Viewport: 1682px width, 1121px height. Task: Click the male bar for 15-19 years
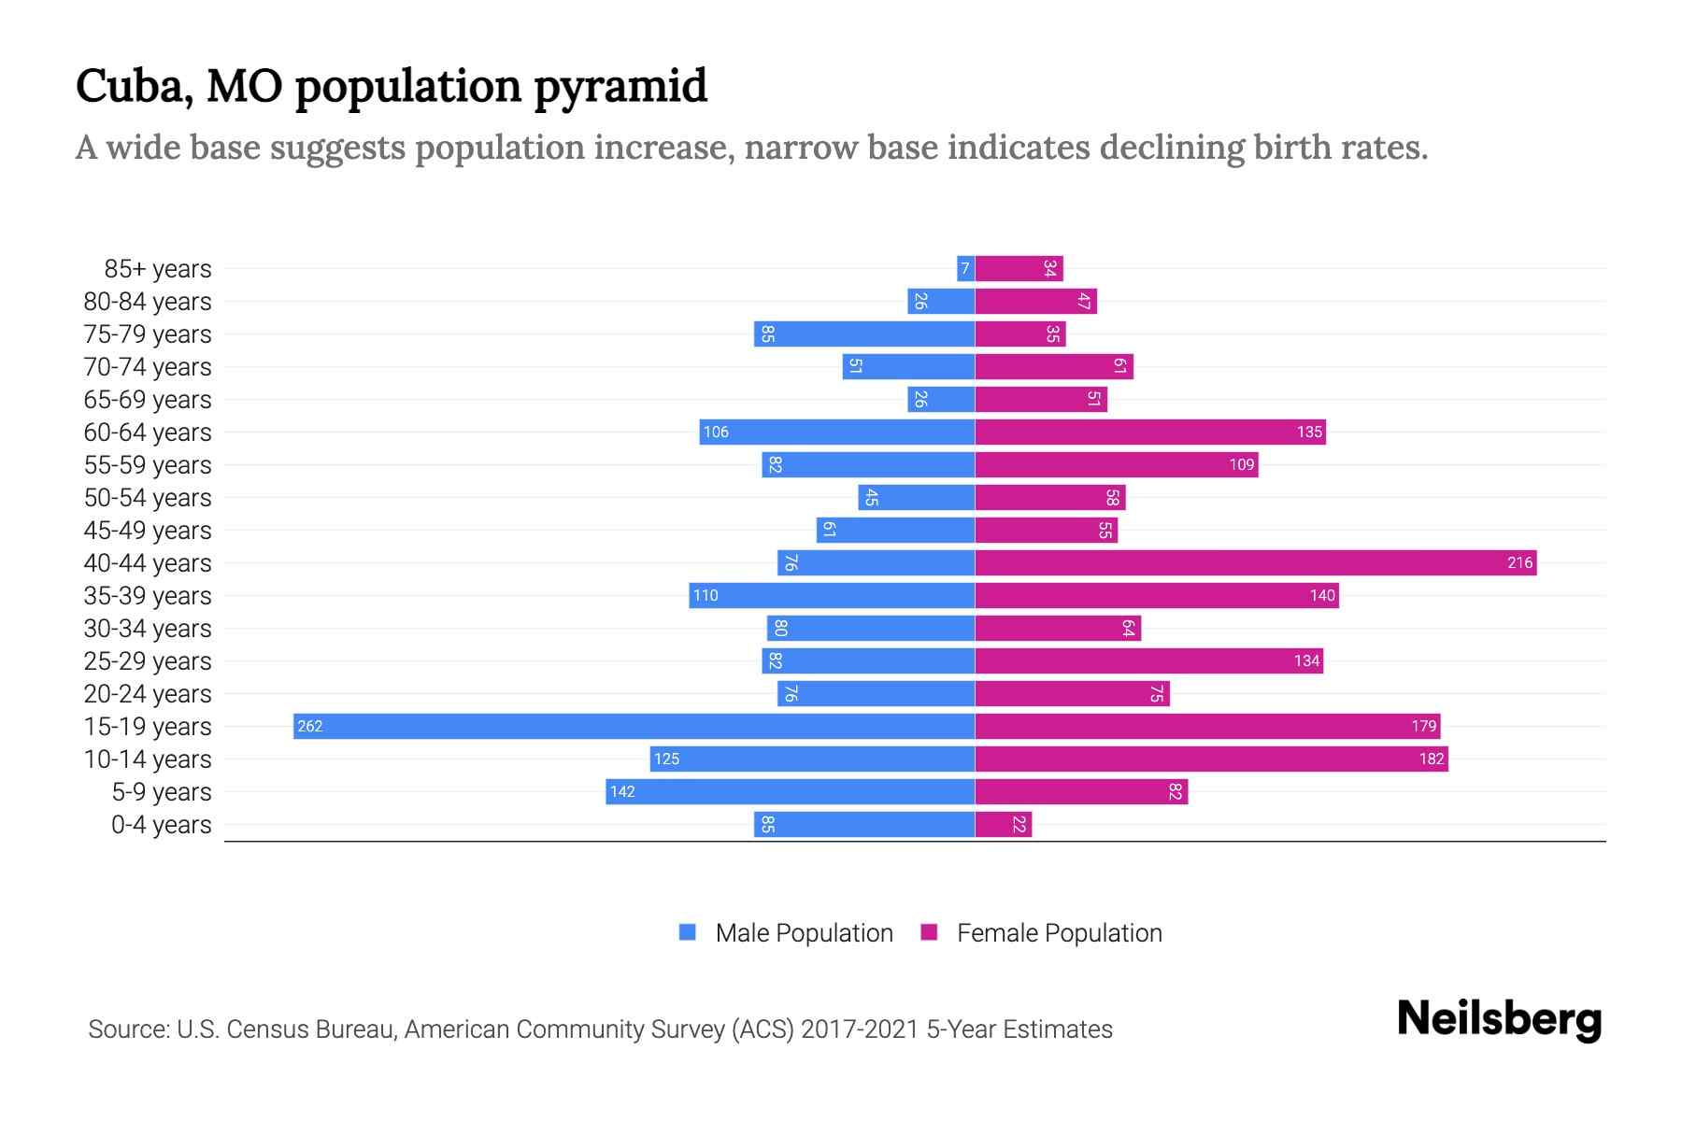[x=634, y=726]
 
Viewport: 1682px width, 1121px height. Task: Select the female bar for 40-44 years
[x=1255, y=562]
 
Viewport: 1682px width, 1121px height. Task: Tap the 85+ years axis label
[x=157, y=269]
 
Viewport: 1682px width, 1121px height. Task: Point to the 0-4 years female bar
[x=1003, y=824]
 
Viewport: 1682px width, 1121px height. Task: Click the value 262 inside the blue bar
[x=309, y=726]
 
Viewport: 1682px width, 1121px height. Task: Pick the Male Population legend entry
[x=786, y=932]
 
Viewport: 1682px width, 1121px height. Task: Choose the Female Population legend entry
[x=1042, y=932]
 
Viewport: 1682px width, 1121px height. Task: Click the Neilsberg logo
[x=1498, y=1019]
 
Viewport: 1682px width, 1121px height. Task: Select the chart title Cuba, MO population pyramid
[x=391, y=86]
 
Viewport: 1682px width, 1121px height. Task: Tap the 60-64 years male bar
[x=836, y=432]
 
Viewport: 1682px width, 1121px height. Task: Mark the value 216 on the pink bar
[x=1519, y=562]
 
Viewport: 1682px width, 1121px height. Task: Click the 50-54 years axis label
[x=148, y=498]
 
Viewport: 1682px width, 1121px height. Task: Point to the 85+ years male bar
[x=965, y=269]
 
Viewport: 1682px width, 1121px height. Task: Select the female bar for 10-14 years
[x=1211, y=759]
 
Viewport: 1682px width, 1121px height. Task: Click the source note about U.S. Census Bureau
[x=600, y=1029]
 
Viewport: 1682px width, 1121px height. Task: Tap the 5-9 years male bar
[x=790, y=791]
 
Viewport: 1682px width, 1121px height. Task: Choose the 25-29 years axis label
[x=148, y=661]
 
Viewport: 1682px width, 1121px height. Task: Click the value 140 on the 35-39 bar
[x=1321, y=595]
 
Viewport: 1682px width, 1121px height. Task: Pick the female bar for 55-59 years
[x=1116, y=464]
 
